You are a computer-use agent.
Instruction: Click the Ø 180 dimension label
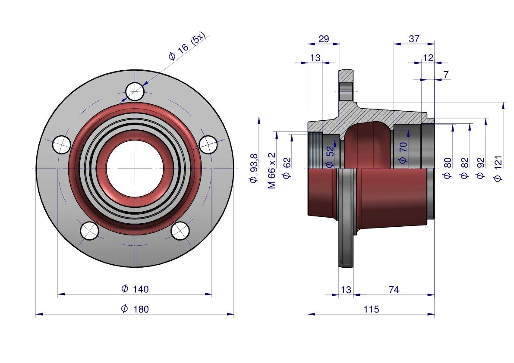click(x=135, y=309)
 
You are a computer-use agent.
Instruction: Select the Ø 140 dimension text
click(x=135, y=289)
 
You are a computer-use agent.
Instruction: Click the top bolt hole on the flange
click(x=135, y=91)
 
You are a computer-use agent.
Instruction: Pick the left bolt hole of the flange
click(x=61, y=144)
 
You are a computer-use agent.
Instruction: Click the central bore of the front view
click(x=135, y=168)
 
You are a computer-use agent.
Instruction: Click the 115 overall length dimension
click(x=371, y=309)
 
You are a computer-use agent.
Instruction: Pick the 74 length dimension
click(x=394, y=290)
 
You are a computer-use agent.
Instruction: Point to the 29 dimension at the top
click(x=324, y=39)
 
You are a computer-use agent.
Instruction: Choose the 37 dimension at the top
click(x=414, y=39)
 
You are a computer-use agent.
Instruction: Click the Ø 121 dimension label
click(x=498, y=169)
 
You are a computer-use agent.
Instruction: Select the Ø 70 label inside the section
click(x=403, y=153)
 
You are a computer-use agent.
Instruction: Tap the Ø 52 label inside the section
click(x=330, y=156)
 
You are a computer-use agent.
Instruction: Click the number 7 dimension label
click(x=446, y=75)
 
